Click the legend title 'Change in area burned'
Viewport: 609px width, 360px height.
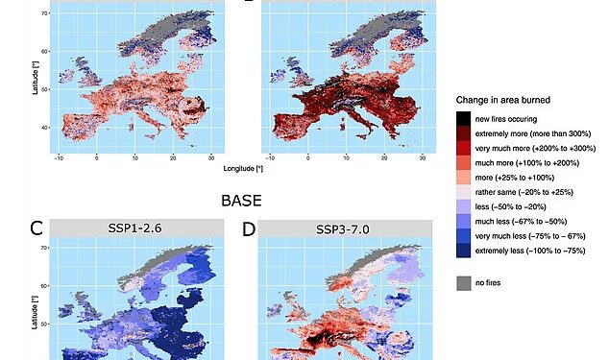pyautogui.click(x=503, y=100)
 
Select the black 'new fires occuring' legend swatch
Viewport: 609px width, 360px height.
pyautogui.click(x=463, y=119)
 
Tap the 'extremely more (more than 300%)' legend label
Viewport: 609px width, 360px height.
pyautogui.click(x=533, y=133)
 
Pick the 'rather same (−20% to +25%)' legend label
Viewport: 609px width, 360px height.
pyautogui.click(x=524, y=192)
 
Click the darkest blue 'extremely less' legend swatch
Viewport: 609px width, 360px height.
pyautogui.click(x=463, y=251)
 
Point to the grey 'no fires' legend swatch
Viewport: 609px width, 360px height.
pyautogui.click(x=463, y=283)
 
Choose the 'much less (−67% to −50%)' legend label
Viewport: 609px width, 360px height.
pyautogui.click(x=521, y=222)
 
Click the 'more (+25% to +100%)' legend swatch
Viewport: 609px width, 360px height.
pyautogui.click(x=463, y=178)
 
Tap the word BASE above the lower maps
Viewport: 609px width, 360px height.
pyautogui.click(x=241, y=201)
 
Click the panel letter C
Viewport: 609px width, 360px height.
pyautogui.click(x=37, y=228)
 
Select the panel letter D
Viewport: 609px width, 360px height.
pyautogui.click(x=249, y=229)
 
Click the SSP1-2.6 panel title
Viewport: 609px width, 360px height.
pyautogui.click(x=134, y=228)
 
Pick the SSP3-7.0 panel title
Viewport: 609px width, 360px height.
pyautogui.click(x=342, y=229)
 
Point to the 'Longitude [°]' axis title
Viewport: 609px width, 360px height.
pyautogui.click(x=243, y=169)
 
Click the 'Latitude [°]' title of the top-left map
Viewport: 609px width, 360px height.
pyautogui.click(x=36, y=78)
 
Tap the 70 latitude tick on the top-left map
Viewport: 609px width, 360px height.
pyautogui.click(x=44, y=13)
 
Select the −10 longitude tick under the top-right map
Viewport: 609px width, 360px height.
pyautogui.click(x=270, y=158)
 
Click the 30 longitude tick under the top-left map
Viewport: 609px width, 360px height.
pyautogui.click(x=211, y=158)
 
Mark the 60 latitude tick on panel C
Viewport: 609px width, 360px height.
pyautogui.click(x=44, y=286)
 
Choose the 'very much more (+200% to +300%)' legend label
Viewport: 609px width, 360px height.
pyautogui.click(x=535, y=149)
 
